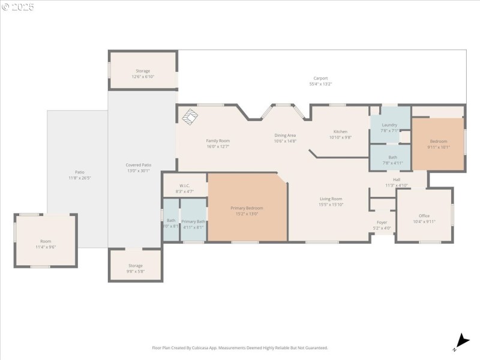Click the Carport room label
point(320,78)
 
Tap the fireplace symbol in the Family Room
point(190,117)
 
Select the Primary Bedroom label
point(247,208)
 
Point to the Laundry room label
point(389,125)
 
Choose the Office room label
point(424,216)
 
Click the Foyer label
point(382,222)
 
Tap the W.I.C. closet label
point(184,185)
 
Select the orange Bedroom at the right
point(438,143)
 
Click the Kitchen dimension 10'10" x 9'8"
point(340,137)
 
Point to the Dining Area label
point(285,136)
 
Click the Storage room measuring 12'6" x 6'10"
point(143,74)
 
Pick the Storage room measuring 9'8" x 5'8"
point(135,268)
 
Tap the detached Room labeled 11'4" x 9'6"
point(46,244)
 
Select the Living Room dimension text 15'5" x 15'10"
point(331,205)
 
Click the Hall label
point(397,179)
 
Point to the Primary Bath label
point(193,221)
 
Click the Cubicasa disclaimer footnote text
point(240,348)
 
